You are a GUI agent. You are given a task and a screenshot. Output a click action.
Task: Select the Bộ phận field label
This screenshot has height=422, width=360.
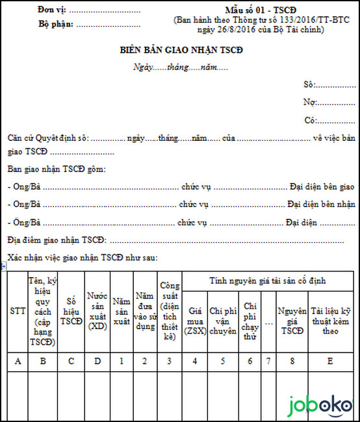coord(55,25)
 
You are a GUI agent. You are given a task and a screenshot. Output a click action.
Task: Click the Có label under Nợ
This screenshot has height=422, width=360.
coord(310,120)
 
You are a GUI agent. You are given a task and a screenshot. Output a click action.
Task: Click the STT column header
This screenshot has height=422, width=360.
coord(18,311)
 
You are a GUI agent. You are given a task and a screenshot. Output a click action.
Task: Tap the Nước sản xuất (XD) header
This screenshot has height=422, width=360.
coord(97,311)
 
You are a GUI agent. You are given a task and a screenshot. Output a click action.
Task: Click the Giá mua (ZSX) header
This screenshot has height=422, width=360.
coord(195,321)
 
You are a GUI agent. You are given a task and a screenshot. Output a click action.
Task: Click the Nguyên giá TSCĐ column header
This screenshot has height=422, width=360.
coord(292,321)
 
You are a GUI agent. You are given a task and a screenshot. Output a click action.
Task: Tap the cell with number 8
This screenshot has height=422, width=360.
coord(292,361)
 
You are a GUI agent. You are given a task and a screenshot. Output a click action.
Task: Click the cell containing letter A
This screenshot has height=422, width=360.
coord(18,361)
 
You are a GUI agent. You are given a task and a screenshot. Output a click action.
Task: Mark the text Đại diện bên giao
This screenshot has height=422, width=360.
coord(322,186)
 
